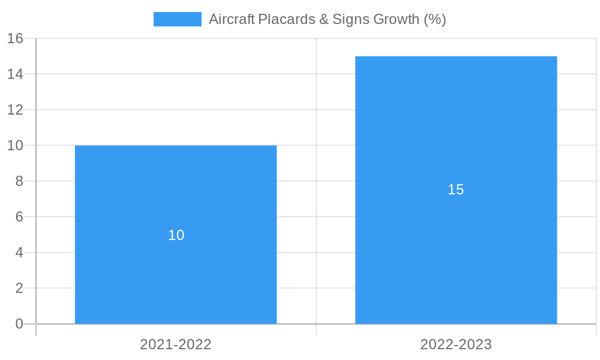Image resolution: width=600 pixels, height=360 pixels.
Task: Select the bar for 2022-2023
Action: click(456, 240)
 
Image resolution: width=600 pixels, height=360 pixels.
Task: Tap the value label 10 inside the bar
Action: click(176, 235)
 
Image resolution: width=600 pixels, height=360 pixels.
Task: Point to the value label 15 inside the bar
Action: click(456, 190)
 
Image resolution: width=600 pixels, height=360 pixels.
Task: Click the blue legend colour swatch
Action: click(178, 19)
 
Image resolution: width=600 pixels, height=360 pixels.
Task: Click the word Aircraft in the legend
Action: click(231, 19)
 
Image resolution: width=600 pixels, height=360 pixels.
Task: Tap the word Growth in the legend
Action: click(396, 19)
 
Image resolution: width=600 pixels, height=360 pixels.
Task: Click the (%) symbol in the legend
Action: click(435, 19)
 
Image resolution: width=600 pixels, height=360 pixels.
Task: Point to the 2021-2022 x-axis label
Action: click(176, 344)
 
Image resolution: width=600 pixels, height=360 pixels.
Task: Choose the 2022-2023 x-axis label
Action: click(456, 344)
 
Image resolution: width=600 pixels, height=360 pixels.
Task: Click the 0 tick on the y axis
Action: click(19, 324)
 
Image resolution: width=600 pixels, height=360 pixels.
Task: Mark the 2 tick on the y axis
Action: click(19, 289)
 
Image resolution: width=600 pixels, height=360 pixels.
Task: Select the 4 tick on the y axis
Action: click(19, 253)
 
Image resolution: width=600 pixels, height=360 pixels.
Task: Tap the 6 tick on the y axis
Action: click(19, 217)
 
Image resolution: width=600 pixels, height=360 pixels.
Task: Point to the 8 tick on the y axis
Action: click(19, 181)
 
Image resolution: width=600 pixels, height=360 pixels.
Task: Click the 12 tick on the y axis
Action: click(15, 110)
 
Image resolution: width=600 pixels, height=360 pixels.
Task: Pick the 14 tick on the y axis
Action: click(15, 74)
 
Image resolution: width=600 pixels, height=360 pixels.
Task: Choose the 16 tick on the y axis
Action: click(15, 38)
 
